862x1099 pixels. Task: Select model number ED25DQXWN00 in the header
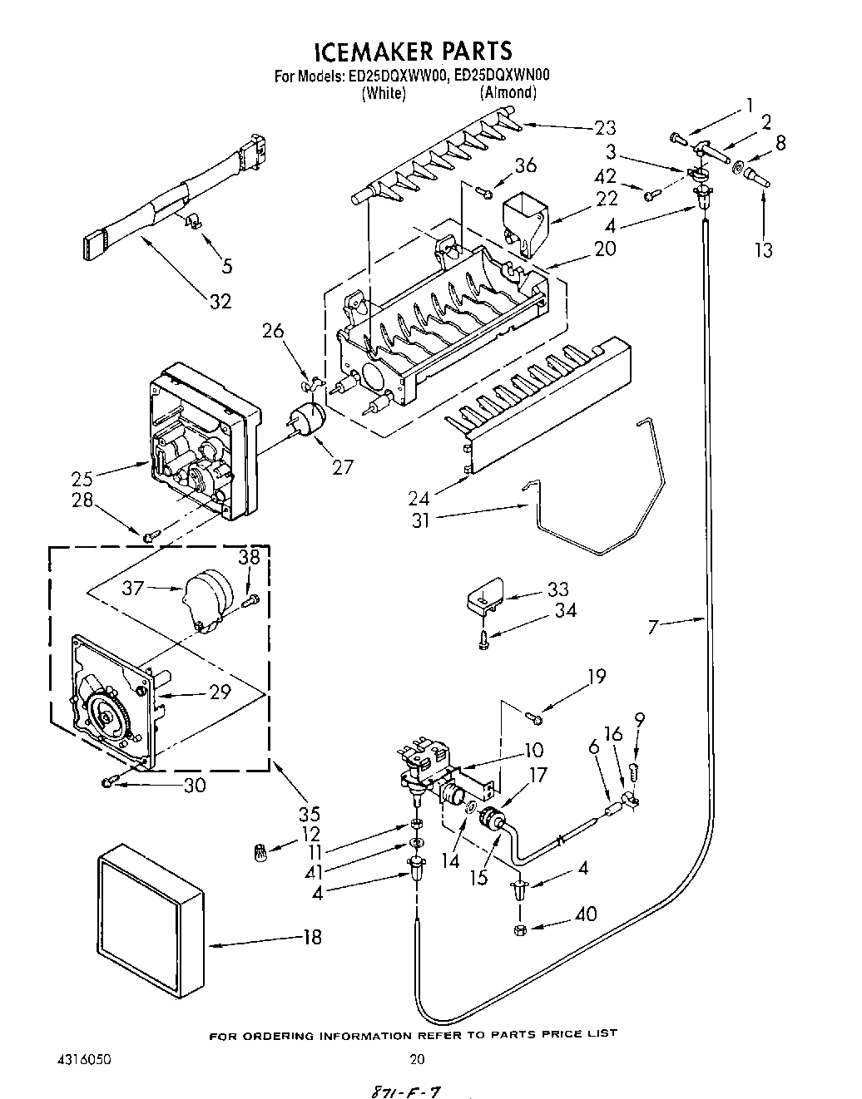pyautogui.click(x=503, y=76)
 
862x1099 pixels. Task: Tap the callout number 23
pyautogui.click(x=605, y=127)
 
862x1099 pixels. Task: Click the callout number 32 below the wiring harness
pyautogui.click(x=220, y=301)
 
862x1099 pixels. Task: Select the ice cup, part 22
pyautogui.click(x=525, y=219)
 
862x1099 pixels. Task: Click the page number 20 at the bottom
pyautogui.click(x=418, y=1059)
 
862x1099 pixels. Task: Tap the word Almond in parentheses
pyautogui.click(x=508, y=93)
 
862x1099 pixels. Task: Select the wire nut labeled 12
pyautogui.click(x=261, y=851)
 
